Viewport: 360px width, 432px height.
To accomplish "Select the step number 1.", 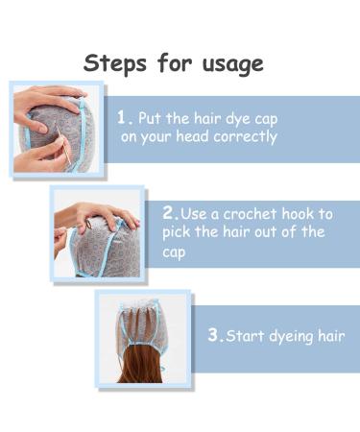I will [124, 117].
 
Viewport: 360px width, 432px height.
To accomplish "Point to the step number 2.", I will [169, 212].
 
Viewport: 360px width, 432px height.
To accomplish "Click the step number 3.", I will [215, 336].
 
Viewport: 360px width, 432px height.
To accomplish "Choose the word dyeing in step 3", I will [298, 337].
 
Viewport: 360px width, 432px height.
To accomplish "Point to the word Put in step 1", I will [151, 118].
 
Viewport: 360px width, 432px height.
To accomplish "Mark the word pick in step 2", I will [179, 232].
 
